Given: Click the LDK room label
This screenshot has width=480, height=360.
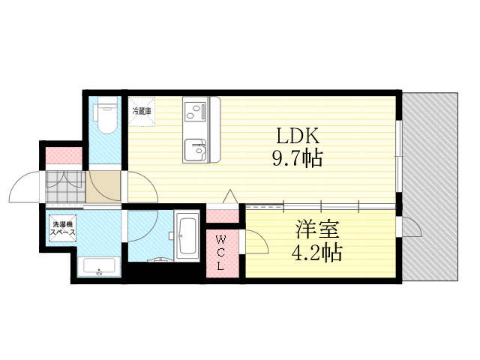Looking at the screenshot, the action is tap(298, 136).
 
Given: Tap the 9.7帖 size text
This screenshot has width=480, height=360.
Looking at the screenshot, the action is tap(297, 158).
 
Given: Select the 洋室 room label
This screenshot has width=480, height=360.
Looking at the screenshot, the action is tap(317, 229).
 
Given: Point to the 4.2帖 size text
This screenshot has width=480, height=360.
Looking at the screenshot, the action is tap(316, 252).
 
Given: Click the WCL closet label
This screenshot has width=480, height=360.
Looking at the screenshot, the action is tap(220, 253).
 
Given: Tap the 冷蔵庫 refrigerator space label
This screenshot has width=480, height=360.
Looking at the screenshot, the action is tap(142, 111).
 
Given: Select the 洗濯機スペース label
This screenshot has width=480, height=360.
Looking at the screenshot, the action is tap(63, 228).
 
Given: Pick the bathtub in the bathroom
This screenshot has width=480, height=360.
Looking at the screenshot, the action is tap(187, 235).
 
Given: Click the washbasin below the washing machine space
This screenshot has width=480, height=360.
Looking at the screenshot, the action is tap(99, 267).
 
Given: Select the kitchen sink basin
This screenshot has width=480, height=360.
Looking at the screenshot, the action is tap(196, 150).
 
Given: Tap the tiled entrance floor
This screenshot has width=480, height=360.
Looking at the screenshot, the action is tap(65, 187).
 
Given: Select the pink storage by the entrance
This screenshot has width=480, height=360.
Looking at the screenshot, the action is tap(64, 155).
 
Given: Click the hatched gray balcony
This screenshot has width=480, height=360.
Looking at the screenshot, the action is tap(430, 187).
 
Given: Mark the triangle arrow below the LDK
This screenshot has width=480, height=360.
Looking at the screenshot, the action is tap(230, 196).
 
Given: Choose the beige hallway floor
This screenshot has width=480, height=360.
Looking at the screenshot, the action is tap(103, 187).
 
